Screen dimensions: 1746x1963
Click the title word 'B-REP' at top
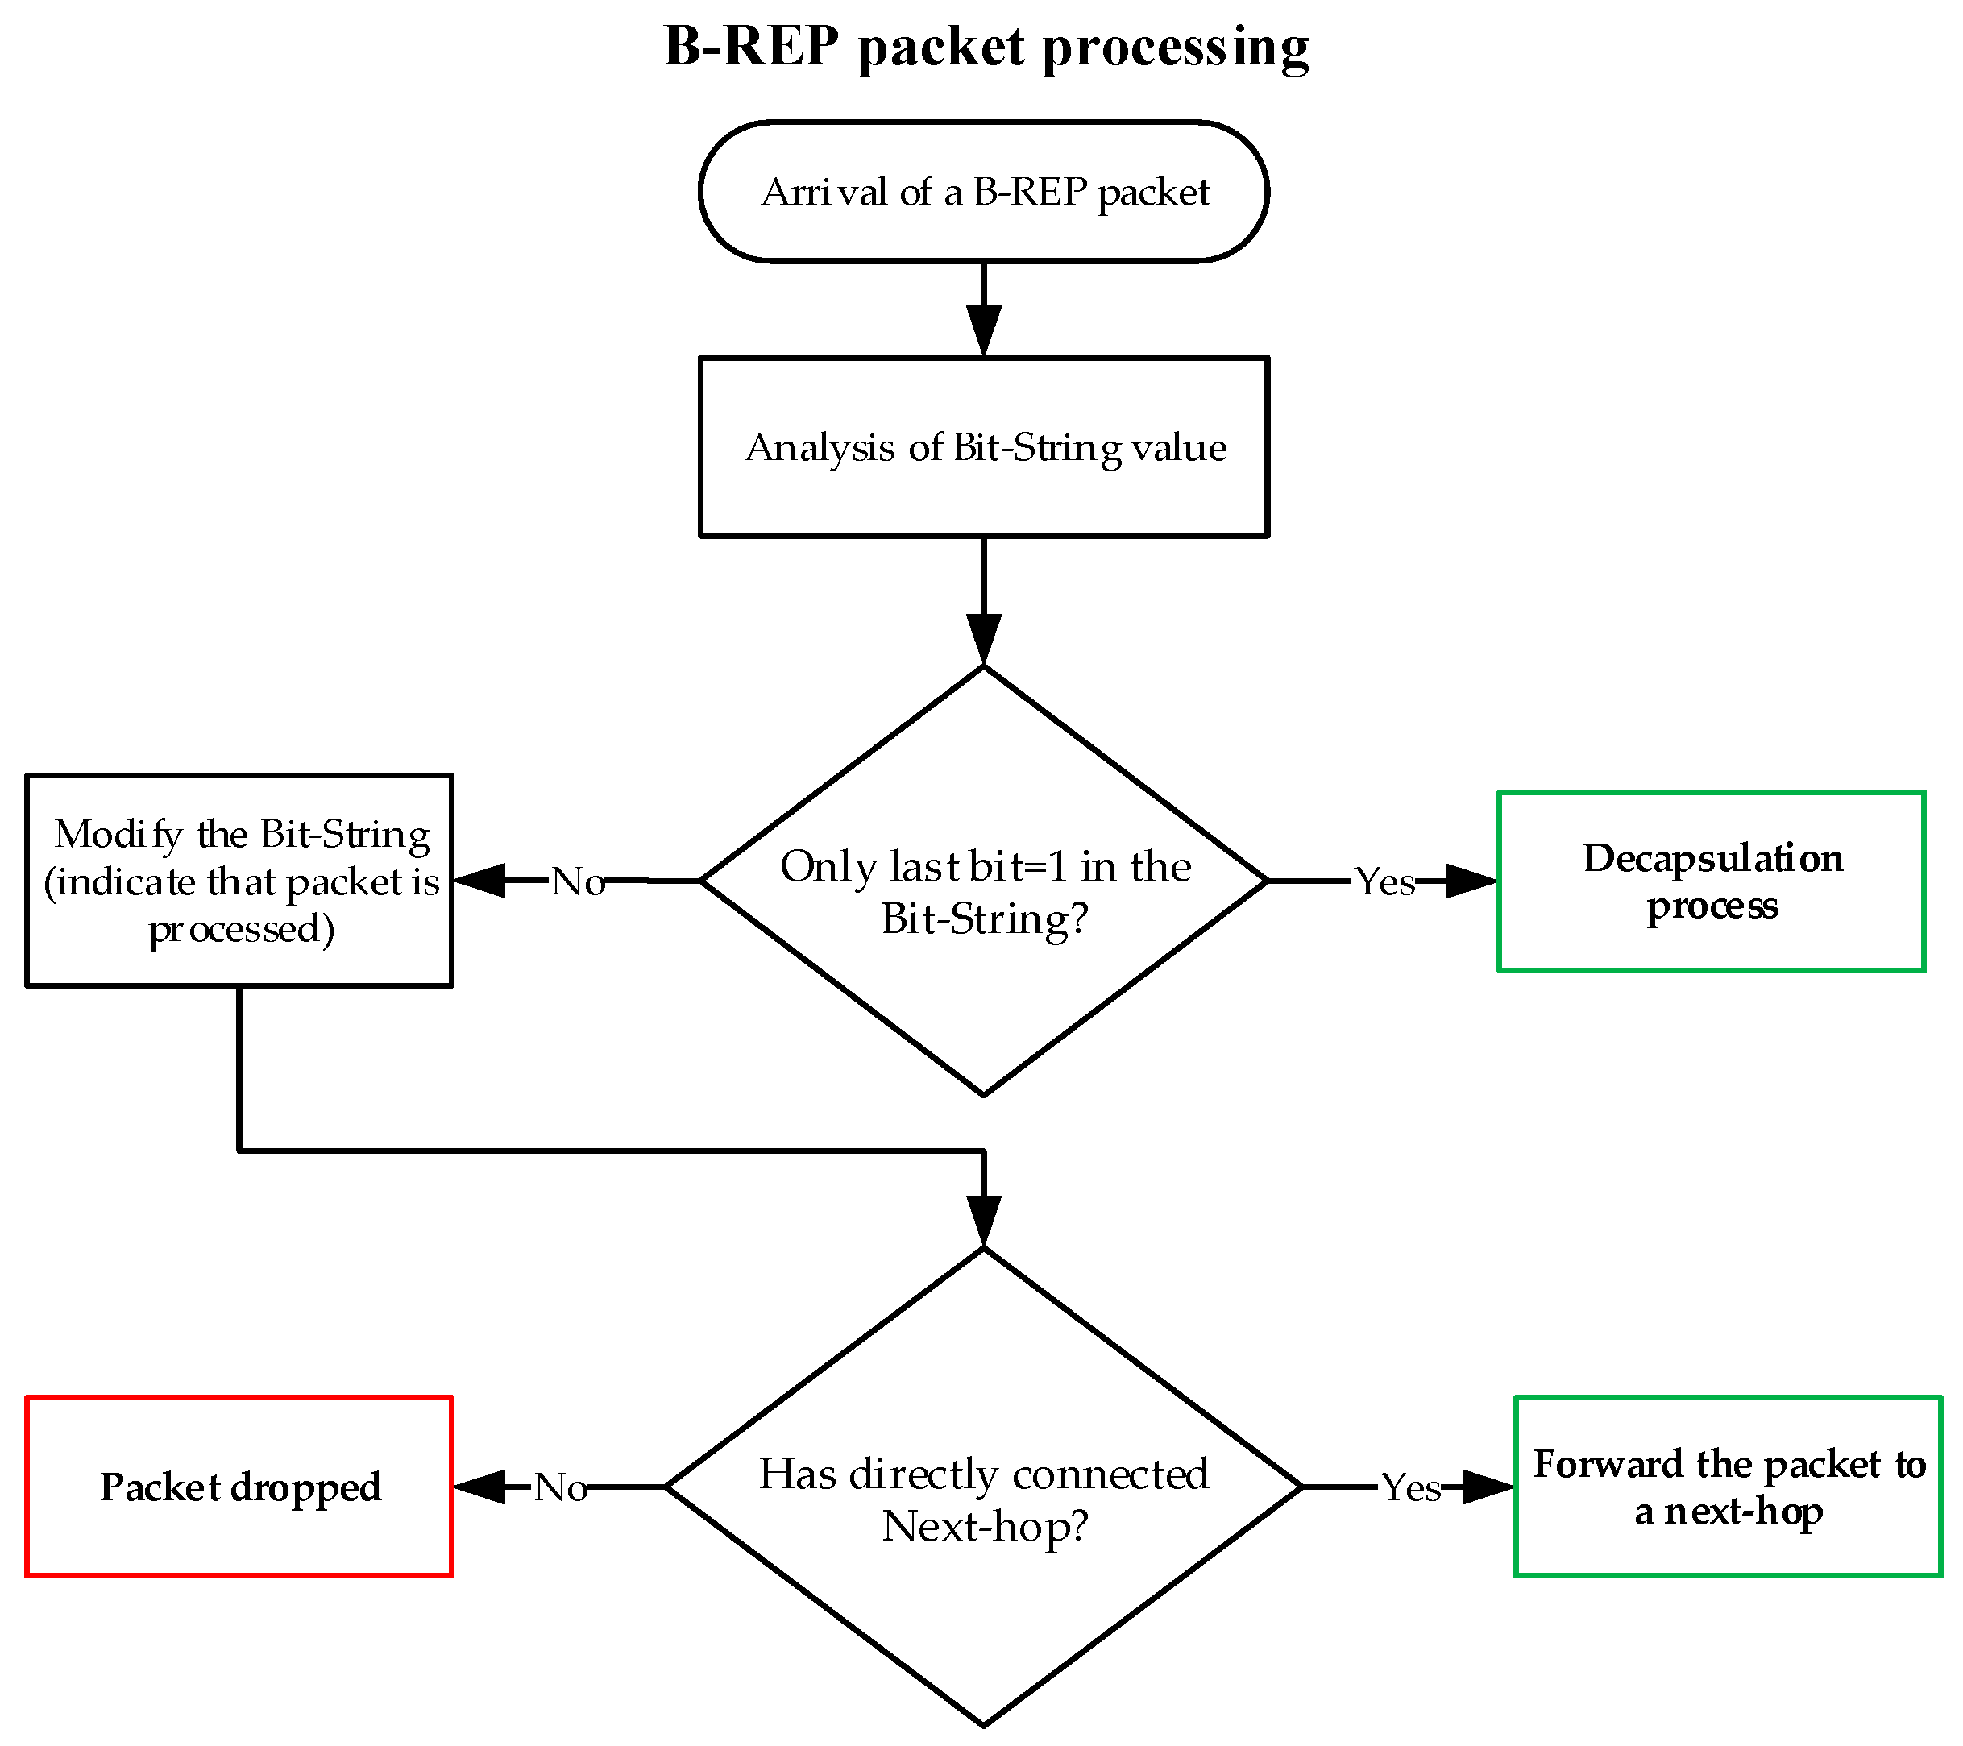[x=751, y=46]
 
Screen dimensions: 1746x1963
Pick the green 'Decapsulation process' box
[x=1712, y=881]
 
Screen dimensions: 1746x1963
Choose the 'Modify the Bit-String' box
[x=239, y=881]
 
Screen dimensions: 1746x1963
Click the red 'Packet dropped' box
[x=239, y=1487]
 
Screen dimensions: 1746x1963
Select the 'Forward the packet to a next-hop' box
[x=1728, y=1487]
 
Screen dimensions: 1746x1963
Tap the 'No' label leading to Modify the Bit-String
[x=577, y=881]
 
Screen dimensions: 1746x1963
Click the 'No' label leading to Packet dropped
[x=561, y=1487]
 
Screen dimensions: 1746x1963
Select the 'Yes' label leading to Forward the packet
[x=1410, y=1487]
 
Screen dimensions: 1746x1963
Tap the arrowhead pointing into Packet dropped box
[x=480, y=1487]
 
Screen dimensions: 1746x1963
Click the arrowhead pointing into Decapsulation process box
[x=1469, y=881]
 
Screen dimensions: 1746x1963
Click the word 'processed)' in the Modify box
[x=241, y=929]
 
